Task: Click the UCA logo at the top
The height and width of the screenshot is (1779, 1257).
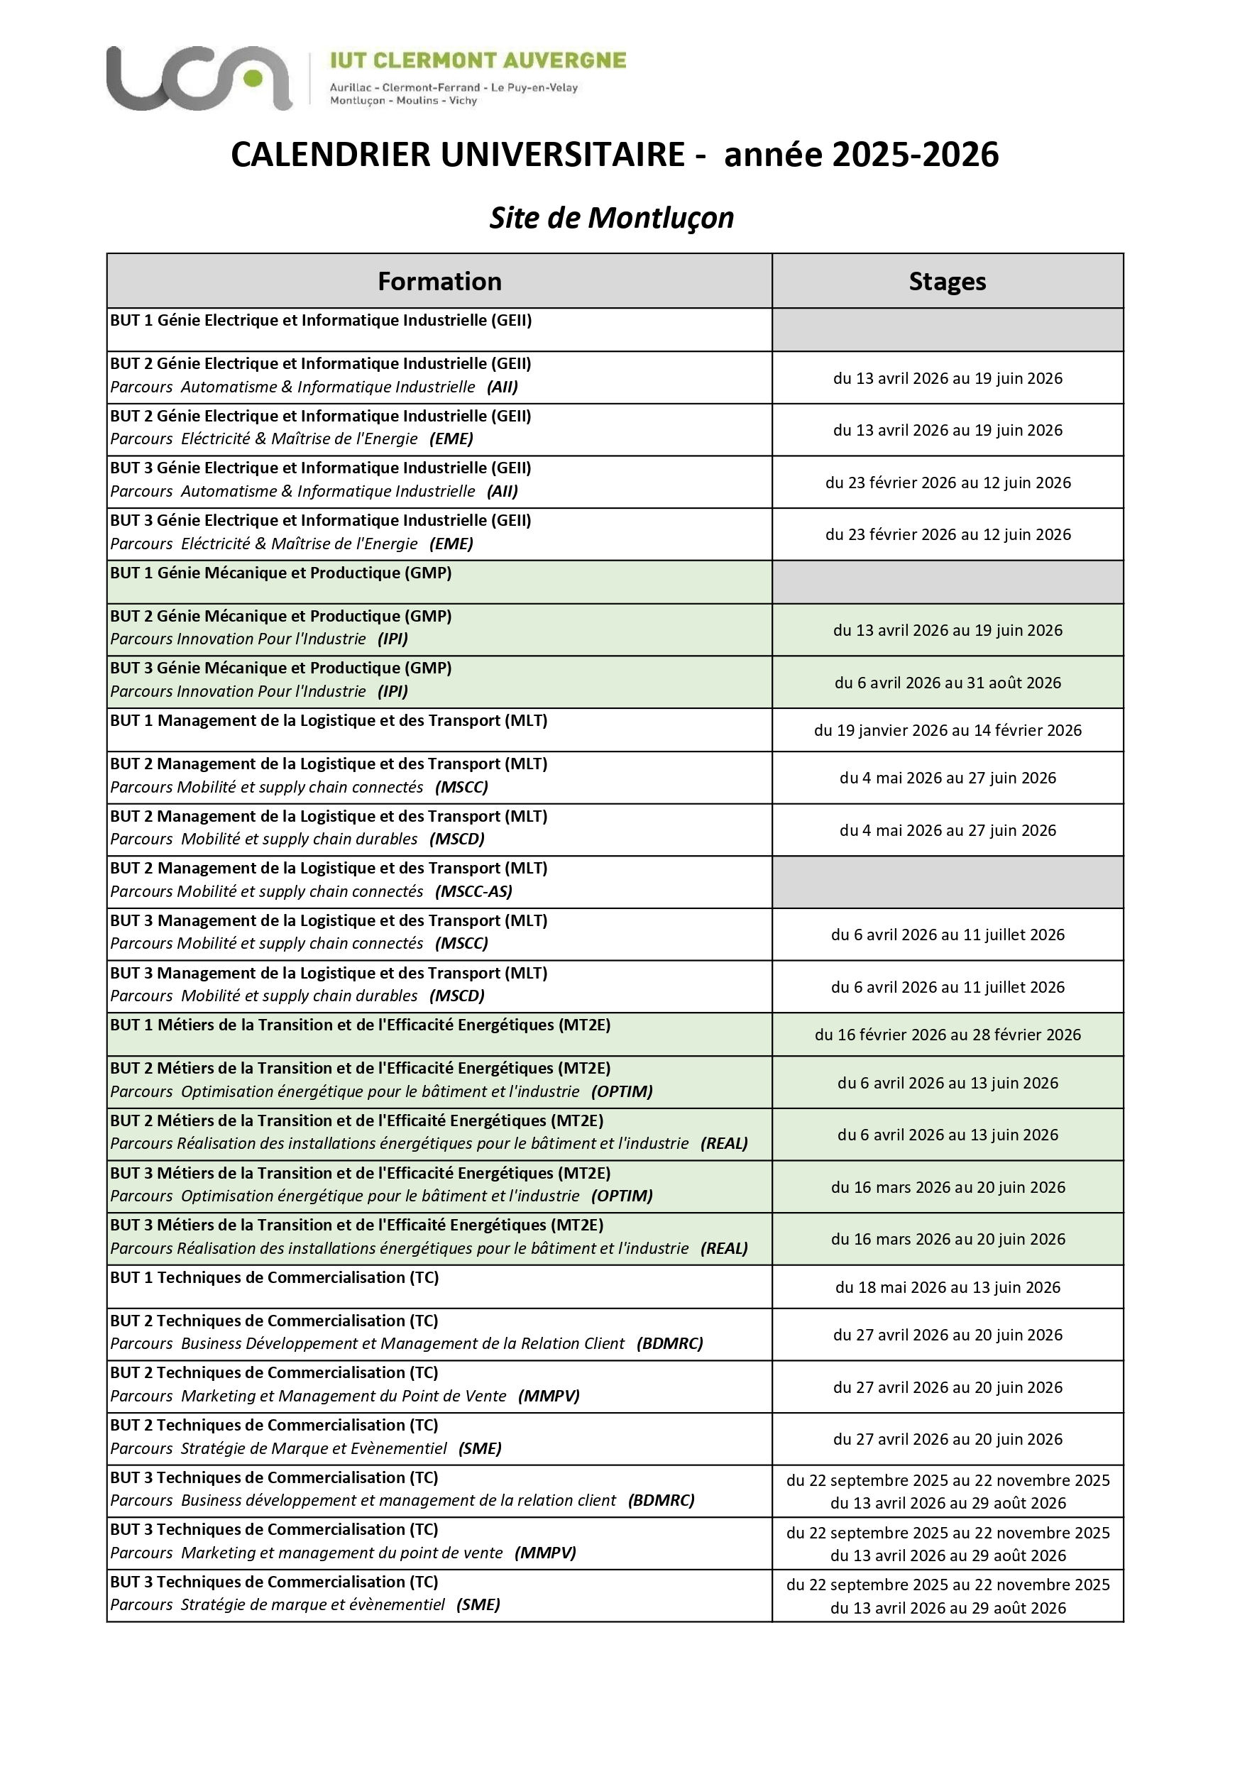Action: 199,77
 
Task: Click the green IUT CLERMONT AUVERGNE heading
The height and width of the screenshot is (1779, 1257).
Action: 478,60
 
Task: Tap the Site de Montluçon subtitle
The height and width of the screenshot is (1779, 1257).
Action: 611,218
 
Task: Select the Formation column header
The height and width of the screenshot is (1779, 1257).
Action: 439,281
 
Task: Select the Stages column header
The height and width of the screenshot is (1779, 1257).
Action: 947,281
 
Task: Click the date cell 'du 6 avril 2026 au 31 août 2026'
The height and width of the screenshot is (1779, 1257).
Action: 947,683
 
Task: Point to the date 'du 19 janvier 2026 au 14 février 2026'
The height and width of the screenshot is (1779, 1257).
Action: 947,730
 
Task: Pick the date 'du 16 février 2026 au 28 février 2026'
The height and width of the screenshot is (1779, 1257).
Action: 947,1035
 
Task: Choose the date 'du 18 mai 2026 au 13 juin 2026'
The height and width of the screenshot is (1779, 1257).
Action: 947,1287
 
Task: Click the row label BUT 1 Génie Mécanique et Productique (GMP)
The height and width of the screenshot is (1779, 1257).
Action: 280,573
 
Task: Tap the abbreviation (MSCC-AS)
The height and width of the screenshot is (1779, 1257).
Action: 473,891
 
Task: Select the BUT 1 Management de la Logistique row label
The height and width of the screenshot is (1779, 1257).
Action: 329,720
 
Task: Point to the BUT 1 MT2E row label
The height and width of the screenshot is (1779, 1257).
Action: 361,1025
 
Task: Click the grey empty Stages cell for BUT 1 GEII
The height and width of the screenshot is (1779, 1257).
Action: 947,329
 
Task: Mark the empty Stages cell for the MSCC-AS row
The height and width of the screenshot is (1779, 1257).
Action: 947,882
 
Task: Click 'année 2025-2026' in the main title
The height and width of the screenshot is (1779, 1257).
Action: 861,154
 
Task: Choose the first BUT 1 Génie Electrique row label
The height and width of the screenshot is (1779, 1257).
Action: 321,320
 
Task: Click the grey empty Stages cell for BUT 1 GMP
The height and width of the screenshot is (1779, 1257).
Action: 947,582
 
